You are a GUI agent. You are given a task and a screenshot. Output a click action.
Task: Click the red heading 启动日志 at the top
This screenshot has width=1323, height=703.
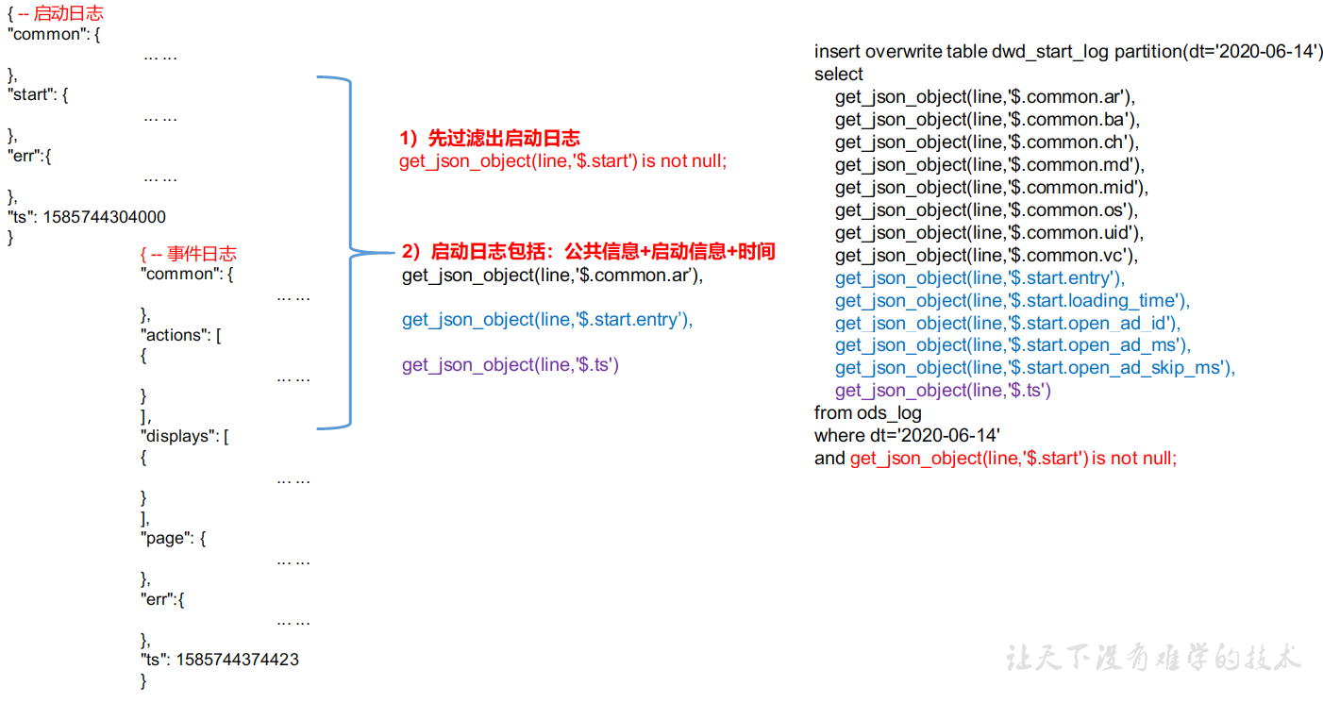tap(68, 13)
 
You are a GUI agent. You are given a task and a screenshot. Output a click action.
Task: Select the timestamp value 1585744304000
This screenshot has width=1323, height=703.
tap(105, 217)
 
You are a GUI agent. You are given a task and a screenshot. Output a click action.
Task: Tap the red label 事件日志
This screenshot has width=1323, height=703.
tap(201, 254)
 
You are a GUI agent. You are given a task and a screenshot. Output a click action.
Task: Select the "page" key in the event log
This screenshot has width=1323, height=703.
tap(167, 538)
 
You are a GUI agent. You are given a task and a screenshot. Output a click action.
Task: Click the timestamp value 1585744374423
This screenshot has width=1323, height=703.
tap(238, 660)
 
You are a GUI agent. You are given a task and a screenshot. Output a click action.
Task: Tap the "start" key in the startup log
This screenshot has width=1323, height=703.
tap(31, 94)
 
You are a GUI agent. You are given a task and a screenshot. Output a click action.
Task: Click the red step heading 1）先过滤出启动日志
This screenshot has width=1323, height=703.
tap(490, 138)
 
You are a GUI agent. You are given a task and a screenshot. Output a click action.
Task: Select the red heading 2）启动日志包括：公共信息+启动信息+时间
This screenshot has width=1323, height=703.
tap(588, 252)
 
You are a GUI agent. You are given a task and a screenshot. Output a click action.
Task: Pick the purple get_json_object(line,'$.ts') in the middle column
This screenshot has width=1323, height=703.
tap(511, 365)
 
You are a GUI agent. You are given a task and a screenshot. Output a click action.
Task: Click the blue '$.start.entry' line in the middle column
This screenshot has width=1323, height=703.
tap(547, 320)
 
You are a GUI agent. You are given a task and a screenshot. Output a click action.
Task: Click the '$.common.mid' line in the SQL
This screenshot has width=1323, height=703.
tap(992, 188)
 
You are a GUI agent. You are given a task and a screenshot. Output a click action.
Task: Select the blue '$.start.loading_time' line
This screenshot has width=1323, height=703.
tap(1013, 301)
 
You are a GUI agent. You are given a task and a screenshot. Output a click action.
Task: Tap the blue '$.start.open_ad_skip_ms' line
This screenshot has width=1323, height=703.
tap(1035, 368)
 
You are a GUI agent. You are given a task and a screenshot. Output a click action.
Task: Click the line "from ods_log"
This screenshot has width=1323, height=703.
tap(867, 413)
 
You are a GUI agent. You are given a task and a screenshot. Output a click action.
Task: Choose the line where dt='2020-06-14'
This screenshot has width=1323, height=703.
tap(907, 435)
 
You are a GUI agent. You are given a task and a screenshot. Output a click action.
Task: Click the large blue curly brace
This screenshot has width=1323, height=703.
tap(351, 253)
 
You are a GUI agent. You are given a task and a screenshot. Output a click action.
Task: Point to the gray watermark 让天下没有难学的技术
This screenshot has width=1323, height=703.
tap(1153, 658)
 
